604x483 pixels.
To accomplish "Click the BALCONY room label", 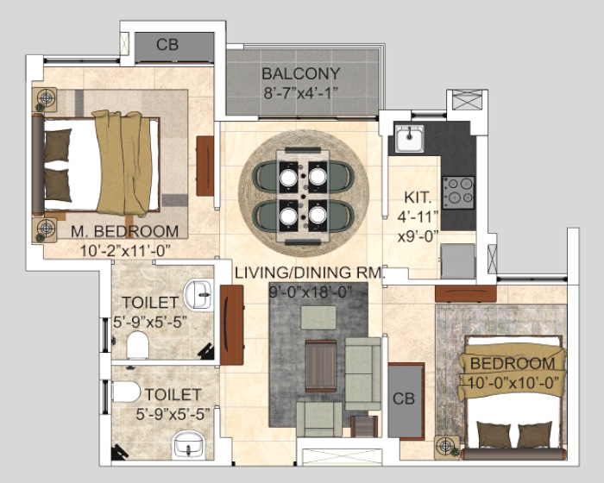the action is [x=301, y=73].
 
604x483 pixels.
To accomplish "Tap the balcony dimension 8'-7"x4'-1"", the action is [x=301, y=93].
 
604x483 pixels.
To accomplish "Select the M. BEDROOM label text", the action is [x=124, y=231].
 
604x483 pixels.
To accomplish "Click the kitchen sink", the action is [x=410, y=138].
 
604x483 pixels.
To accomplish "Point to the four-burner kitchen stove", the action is [x=458, y=192].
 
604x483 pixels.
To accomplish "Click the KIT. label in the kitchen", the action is [x=418, y=198].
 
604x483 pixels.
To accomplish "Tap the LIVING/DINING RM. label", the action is [x=310, y=273].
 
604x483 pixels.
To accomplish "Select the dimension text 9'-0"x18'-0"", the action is [x=311, y=292].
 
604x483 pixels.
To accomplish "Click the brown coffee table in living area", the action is [x=321, y=366].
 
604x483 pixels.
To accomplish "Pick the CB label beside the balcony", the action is [x=167, y=45].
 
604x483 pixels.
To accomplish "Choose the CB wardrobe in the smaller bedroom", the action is [x=406, y=401].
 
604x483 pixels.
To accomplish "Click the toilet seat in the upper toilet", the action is [x=137, y=345].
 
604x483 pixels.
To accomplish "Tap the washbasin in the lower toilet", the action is [x=188, y=443].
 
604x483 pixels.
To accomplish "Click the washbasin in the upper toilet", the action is [x=198, y=295].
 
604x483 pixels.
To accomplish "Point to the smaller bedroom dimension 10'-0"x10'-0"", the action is [x=513, y=383].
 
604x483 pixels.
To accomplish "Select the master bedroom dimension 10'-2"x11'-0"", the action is [x=125, y=251].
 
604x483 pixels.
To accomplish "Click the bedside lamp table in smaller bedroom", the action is [x=447, y=448].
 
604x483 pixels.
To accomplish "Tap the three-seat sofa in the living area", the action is [x=363, y=373].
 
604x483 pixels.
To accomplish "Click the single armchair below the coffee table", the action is [x=319, y=419].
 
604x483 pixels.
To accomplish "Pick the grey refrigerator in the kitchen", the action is [x=458, y=261].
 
